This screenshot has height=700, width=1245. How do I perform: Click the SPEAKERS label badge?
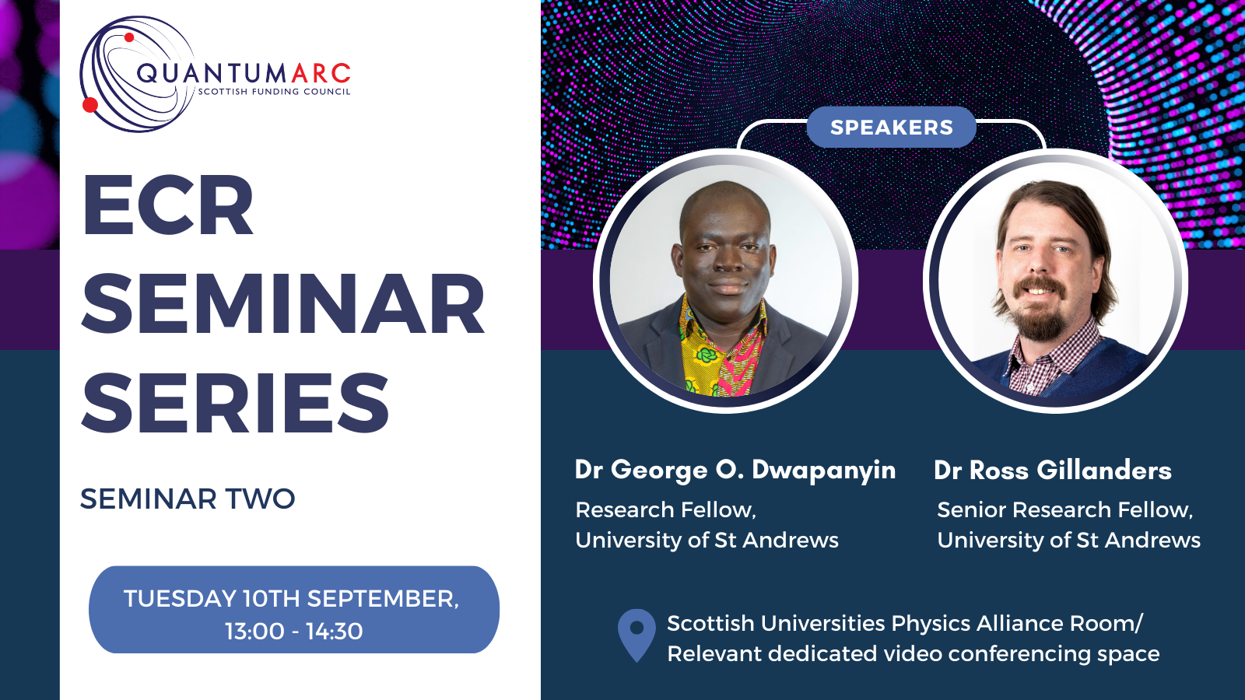891,128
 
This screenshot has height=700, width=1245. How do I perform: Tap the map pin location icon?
637,635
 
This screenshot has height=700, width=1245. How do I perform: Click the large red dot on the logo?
90,104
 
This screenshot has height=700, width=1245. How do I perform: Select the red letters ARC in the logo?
321,73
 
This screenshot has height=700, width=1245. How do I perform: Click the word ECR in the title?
168,205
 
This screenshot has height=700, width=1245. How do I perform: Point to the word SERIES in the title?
235,402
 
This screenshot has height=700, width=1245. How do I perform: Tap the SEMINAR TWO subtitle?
188,499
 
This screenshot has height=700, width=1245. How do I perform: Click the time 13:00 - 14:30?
294,631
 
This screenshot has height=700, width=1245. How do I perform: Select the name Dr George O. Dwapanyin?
735,471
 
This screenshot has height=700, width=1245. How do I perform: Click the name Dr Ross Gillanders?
1053,470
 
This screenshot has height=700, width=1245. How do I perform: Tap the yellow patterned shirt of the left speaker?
701,355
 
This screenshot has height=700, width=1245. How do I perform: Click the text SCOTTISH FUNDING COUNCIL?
275,91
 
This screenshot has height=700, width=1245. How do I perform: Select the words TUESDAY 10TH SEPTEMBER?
291,599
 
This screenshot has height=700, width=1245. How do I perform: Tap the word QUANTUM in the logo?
212,74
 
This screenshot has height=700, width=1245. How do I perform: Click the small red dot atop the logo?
129,37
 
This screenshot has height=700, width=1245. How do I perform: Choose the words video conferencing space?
1022,654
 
